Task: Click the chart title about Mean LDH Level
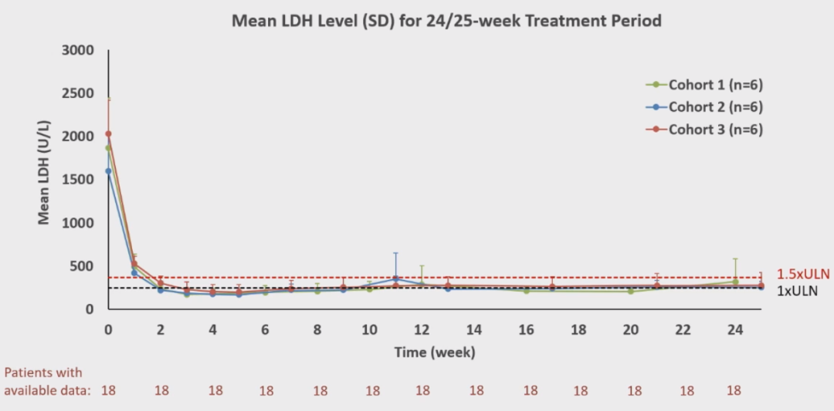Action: pyautogui.click(x=446, y=21)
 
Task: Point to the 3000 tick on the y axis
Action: pyautogui.click(x=77, y=51)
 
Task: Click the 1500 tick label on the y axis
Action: pyautogui.click(x=77, y=180)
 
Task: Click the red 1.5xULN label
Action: pyautogui.click(x=803, y=275)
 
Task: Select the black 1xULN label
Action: pyautogui.click(x=797, y=291)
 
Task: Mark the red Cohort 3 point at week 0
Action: pyautogui.click(x=108, y=134)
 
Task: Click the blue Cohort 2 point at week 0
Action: pyautogui.click(x=108, y=171)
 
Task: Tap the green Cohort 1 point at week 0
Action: pyautogui.click(x=108, y=148)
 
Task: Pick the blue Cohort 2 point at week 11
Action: pyautogui.click(x=395, y=278)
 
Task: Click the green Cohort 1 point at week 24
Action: pyautogui.click(x=734, y=281)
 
